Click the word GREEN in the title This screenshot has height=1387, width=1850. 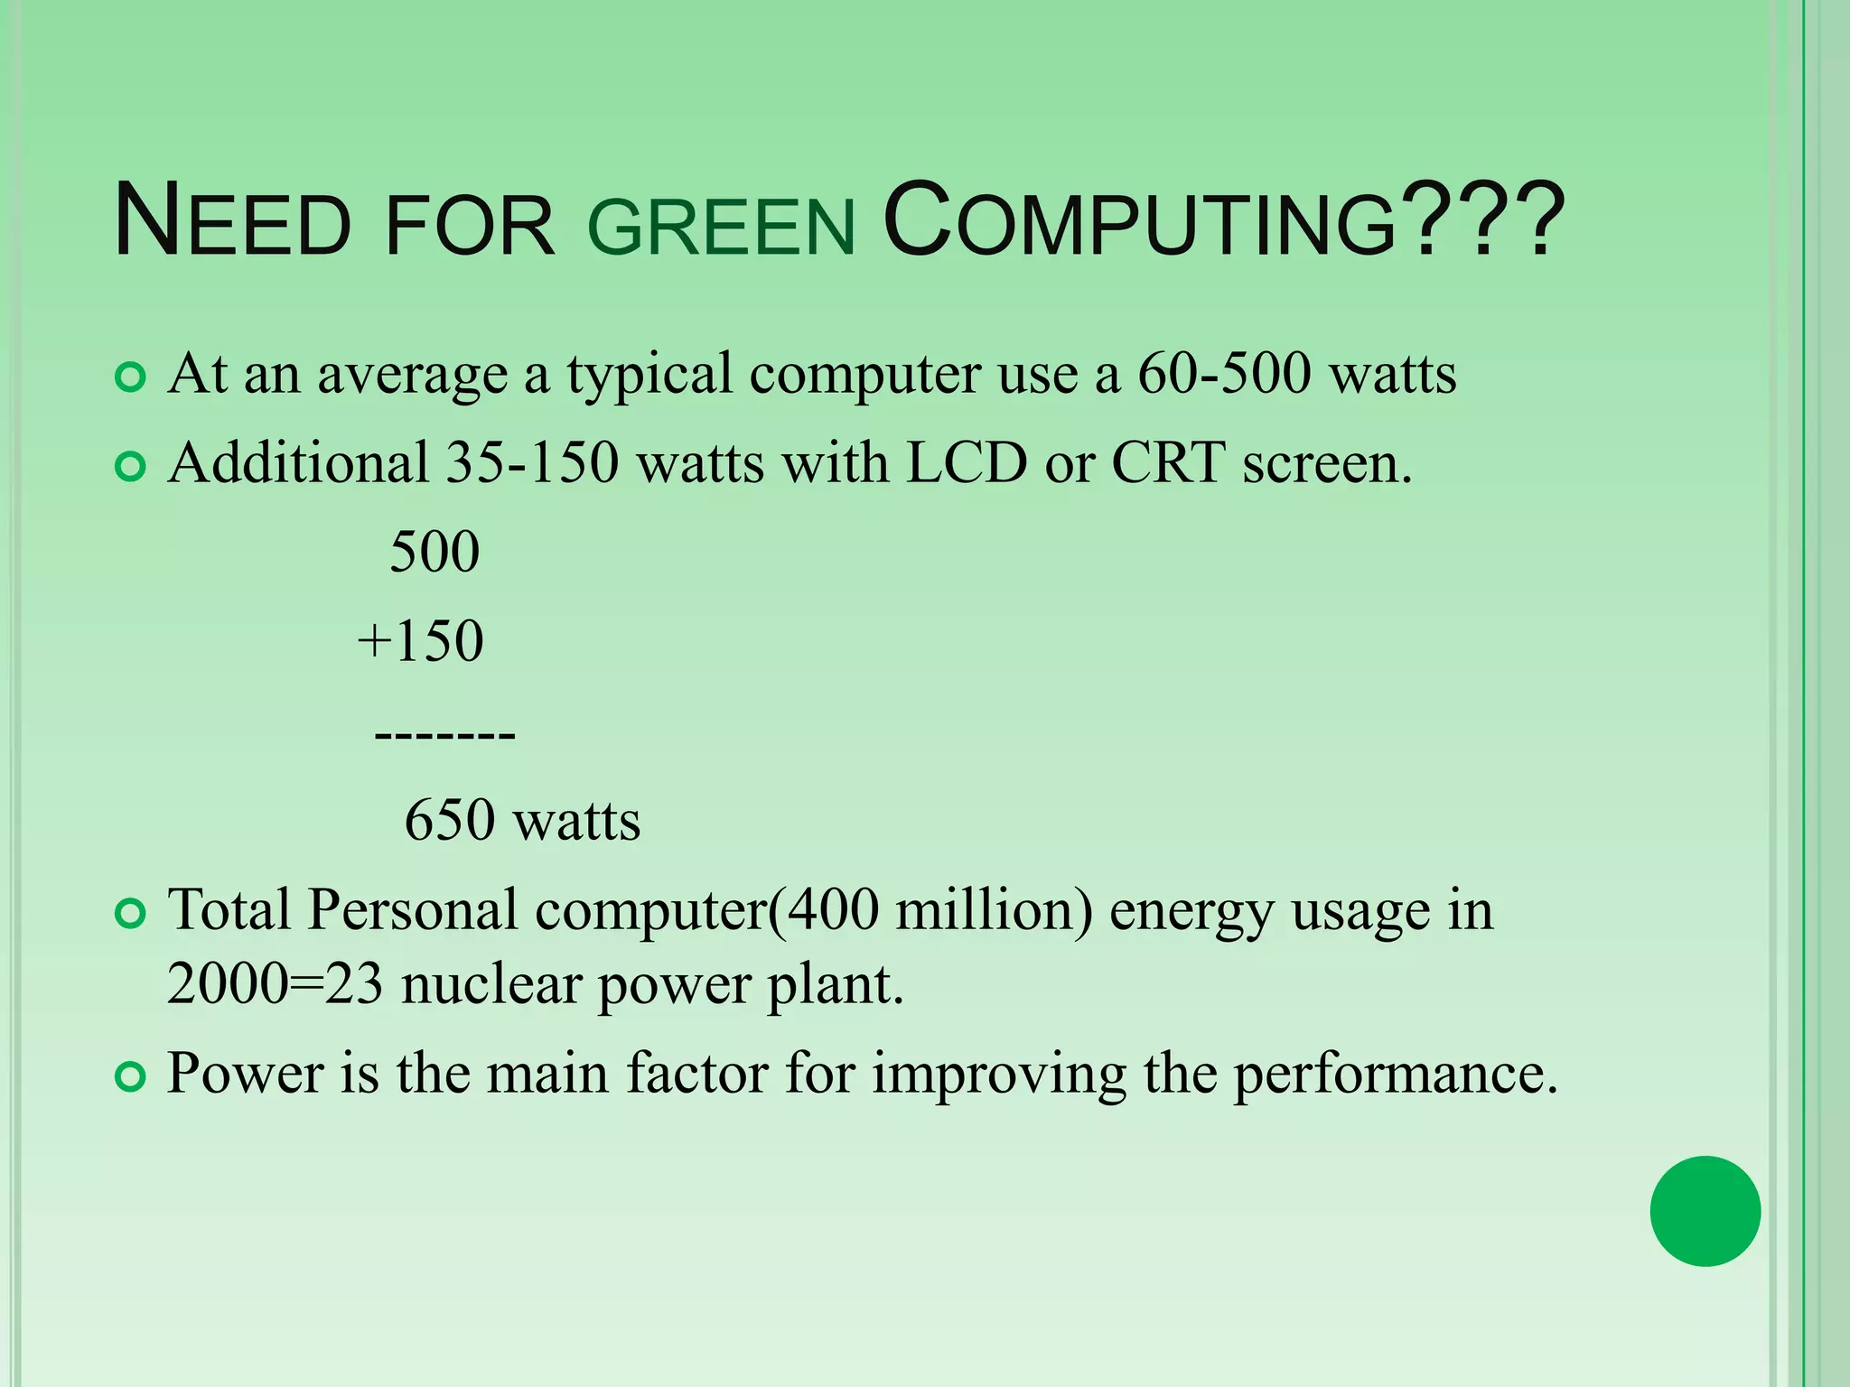click(721, 226)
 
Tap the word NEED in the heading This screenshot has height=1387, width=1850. click(232, 222)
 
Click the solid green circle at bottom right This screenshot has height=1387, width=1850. click(1705, 1211)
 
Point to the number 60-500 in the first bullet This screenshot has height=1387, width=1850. click(1223, 373)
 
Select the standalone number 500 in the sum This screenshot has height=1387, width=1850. click(434, 552)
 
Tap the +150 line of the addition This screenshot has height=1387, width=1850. click(421, 641)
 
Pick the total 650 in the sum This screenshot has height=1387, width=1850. click(450, 820)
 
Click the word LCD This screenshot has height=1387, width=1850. click(967, 462)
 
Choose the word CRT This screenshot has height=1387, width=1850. click(1168, 462)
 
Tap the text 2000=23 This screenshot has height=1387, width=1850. click(276, 983)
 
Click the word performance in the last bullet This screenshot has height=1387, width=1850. click(1395, 1074)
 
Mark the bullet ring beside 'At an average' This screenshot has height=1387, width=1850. click(131, 377)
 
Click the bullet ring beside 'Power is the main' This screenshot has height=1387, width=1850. click(131, 1077)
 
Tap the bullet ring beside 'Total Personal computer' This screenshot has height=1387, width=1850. click(131, 914)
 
